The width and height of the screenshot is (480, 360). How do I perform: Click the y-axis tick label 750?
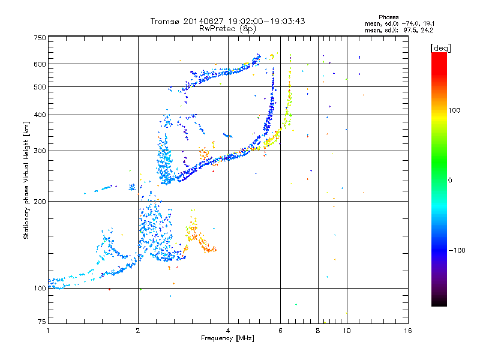point(40,38)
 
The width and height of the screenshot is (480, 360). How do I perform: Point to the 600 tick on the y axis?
point(40,64)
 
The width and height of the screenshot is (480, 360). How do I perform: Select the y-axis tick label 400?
point(40,115)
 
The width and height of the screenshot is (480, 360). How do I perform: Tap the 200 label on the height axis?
point(40,202)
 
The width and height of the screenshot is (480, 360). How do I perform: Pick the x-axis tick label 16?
point(407,331)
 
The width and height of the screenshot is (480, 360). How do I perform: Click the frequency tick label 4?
point(228,331)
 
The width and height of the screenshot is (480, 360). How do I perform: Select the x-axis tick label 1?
point(48,331)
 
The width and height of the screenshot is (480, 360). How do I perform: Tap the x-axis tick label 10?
point(346,331)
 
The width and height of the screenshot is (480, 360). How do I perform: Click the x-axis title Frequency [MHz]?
point(228,339)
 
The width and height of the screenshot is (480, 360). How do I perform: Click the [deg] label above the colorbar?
point(441,47)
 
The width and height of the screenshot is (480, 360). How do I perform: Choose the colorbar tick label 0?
point(451,180)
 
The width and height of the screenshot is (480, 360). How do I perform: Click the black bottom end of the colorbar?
point(439,303)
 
